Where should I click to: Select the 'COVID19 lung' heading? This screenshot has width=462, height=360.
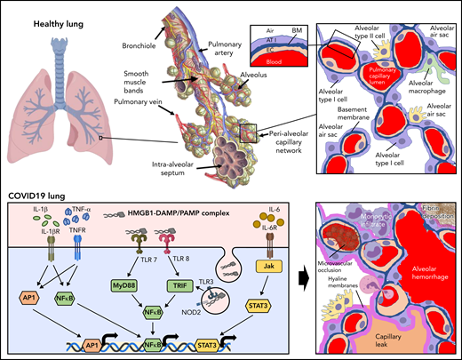(x=39, y=193)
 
